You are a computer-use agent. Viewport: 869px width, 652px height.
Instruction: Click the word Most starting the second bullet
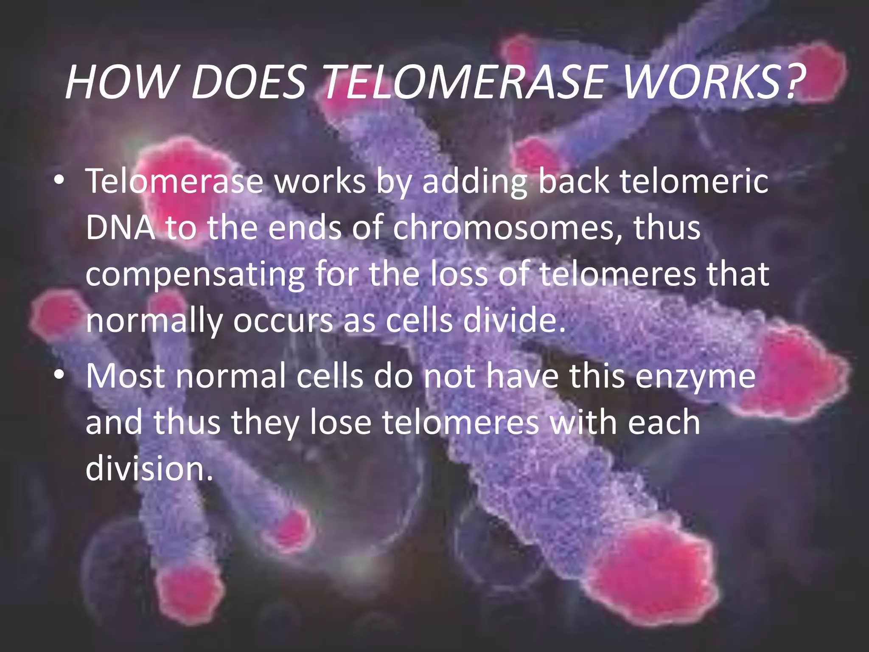(125, 377)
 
